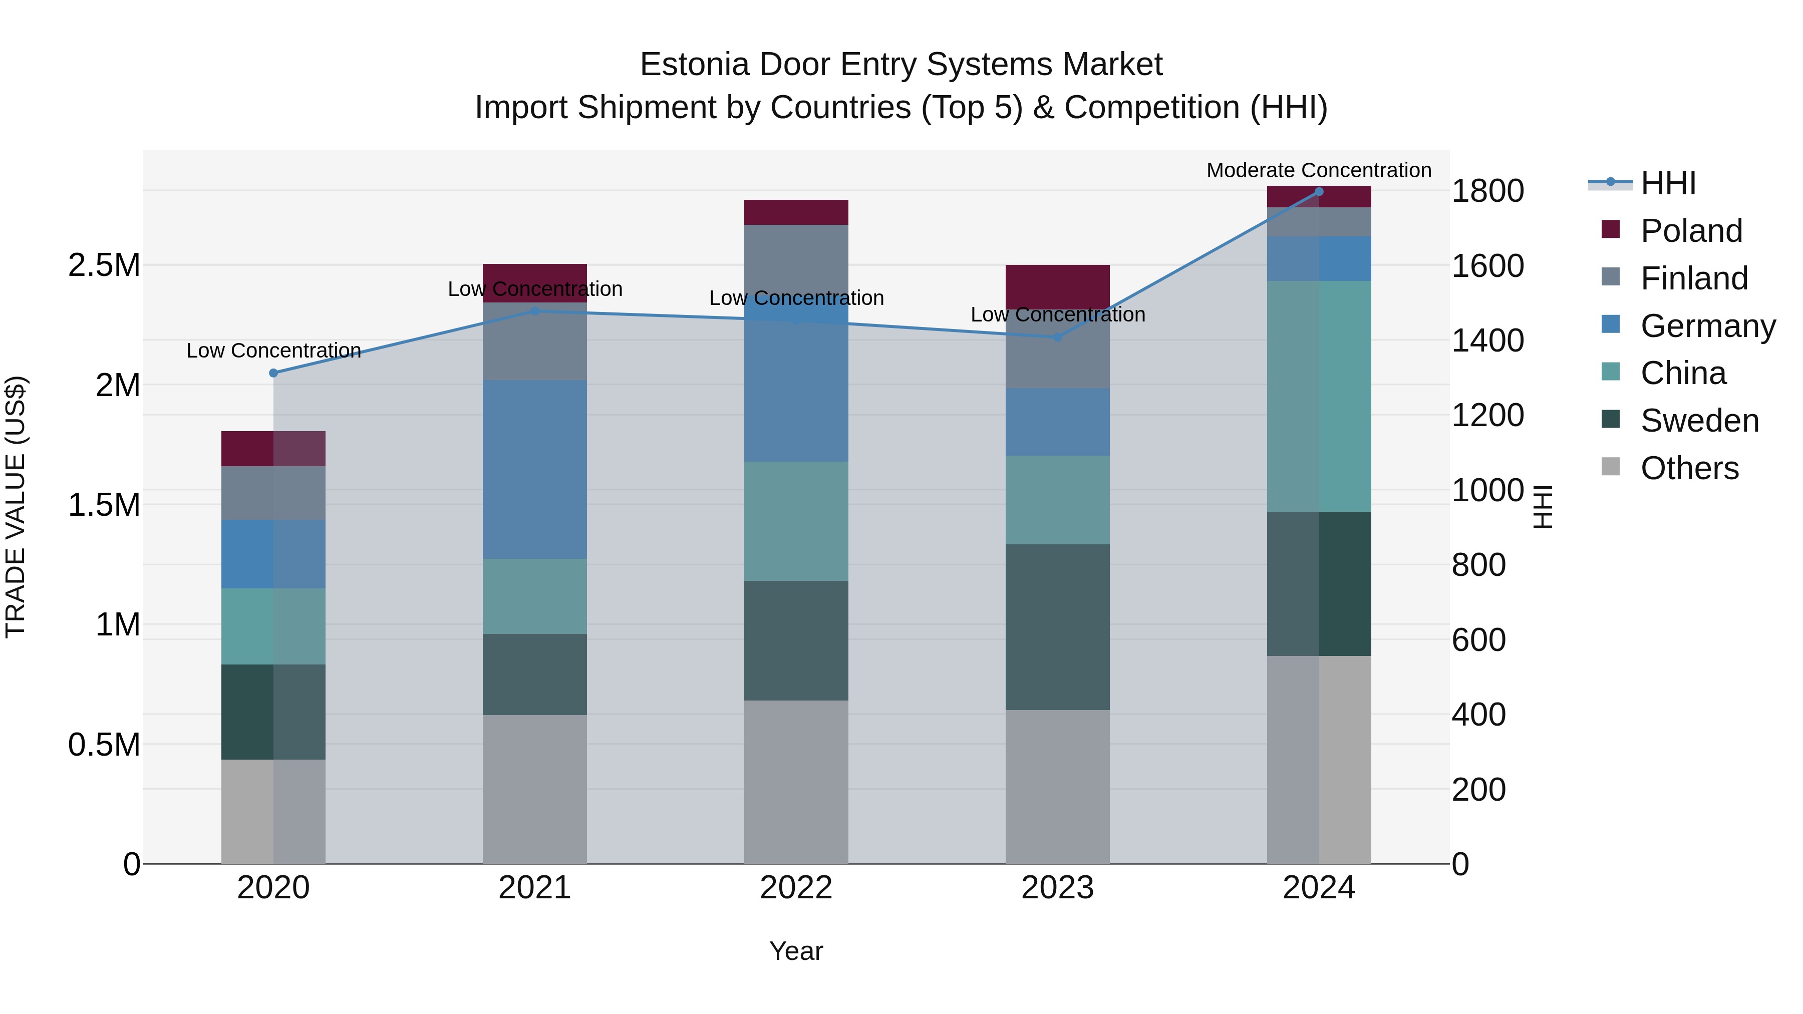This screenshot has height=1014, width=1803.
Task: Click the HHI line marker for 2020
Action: [273, 373]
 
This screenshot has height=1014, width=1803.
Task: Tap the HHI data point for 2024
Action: [1319, 192]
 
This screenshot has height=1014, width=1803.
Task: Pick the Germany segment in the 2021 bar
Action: [535, 469]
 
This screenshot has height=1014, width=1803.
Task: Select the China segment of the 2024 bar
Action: [1319, 396]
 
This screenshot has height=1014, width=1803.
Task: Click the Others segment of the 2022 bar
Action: [796, 782]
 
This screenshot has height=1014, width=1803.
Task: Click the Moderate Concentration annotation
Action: [1319, 170]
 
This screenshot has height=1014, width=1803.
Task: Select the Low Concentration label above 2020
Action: [273, 350]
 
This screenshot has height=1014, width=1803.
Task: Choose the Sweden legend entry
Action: [1699, 421]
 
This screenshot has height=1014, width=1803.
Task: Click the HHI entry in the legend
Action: [1668, 183]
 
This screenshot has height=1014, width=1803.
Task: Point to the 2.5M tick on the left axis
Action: [104, 265]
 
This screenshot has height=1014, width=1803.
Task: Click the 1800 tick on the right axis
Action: [1487, 191]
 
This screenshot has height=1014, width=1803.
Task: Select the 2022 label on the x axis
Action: [796, 888]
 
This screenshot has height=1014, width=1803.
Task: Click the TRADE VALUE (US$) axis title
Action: [16, 507]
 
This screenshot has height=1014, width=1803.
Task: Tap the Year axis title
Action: [796, 951]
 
